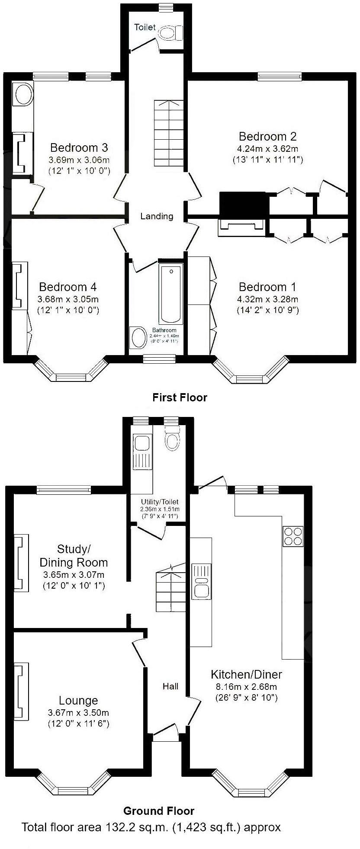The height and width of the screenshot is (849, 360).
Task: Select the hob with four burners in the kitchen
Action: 293,536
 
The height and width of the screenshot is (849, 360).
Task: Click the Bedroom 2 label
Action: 267,137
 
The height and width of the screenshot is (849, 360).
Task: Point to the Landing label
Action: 157,216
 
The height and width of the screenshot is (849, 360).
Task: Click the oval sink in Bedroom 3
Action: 23,94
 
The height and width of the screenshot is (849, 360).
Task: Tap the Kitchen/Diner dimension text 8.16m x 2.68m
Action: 246,686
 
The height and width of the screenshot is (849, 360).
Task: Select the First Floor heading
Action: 180,397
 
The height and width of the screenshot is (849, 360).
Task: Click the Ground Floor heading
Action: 159,811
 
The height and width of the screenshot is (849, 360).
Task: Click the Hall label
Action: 170,686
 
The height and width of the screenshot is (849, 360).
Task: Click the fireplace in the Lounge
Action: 21,691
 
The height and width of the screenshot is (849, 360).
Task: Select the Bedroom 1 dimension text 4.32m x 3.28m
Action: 268,299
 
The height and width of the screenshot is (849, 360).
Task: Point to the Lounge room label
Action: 78,700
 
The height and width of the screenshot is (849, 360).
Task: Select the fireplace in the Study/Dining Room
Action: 21,563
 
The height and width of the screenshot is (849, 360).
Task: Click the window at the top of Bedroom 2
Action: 279,76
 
